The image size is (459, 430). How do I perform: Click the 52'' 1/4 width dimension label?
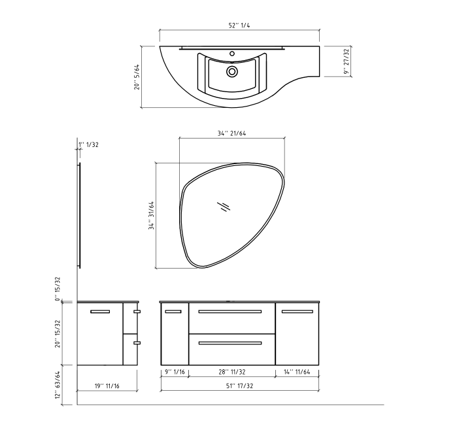[x=240, y=25]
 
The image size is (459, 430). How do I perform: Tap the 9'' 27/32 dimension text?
[x=347, y=62]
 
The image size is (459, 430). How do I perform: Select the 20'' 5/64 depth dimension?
[x=137, y=77]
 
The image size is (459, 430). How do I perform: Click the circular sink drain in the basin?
[x=231, y=71]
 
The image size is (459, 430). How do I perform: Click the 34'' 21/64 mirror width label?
[x=231, y=133]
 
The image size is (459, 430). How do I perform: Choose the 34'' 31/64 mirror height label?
[x=151, y=216]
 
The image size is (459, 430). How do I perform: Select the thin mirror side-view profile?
[x=80, y=216]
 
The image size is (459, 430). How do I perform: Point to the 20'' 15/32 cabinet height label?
[x=58, y=334]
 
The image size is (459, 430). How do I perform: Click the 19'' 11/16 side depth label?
[x=107, y=387]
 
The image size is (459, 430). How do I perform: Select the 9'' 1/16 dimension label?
[x=174, y=372]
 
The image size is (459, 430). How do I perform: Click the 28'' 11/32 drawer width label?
[x=231, y=372]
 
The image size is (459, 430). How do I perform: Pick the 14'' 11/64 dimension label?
[x=297, y=372]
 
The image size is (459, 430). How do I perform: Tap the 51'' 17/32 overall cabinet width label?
[x=239, y=387]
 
